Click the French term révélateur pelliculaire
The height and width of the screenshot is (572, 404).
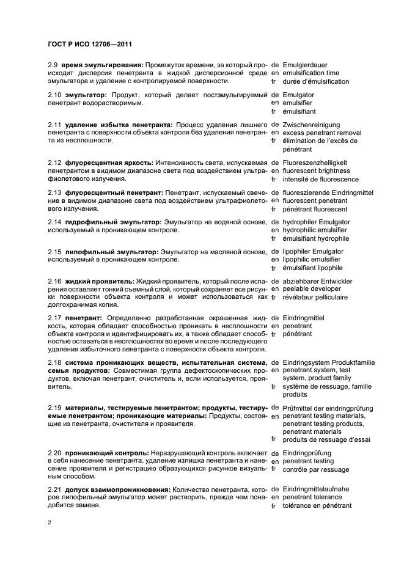(x=319, y=297)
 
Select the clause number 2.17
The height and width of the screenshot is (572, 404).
(x=55, y=318)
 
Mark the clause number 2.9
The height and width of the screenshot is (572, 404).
(x=53, y=64)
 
